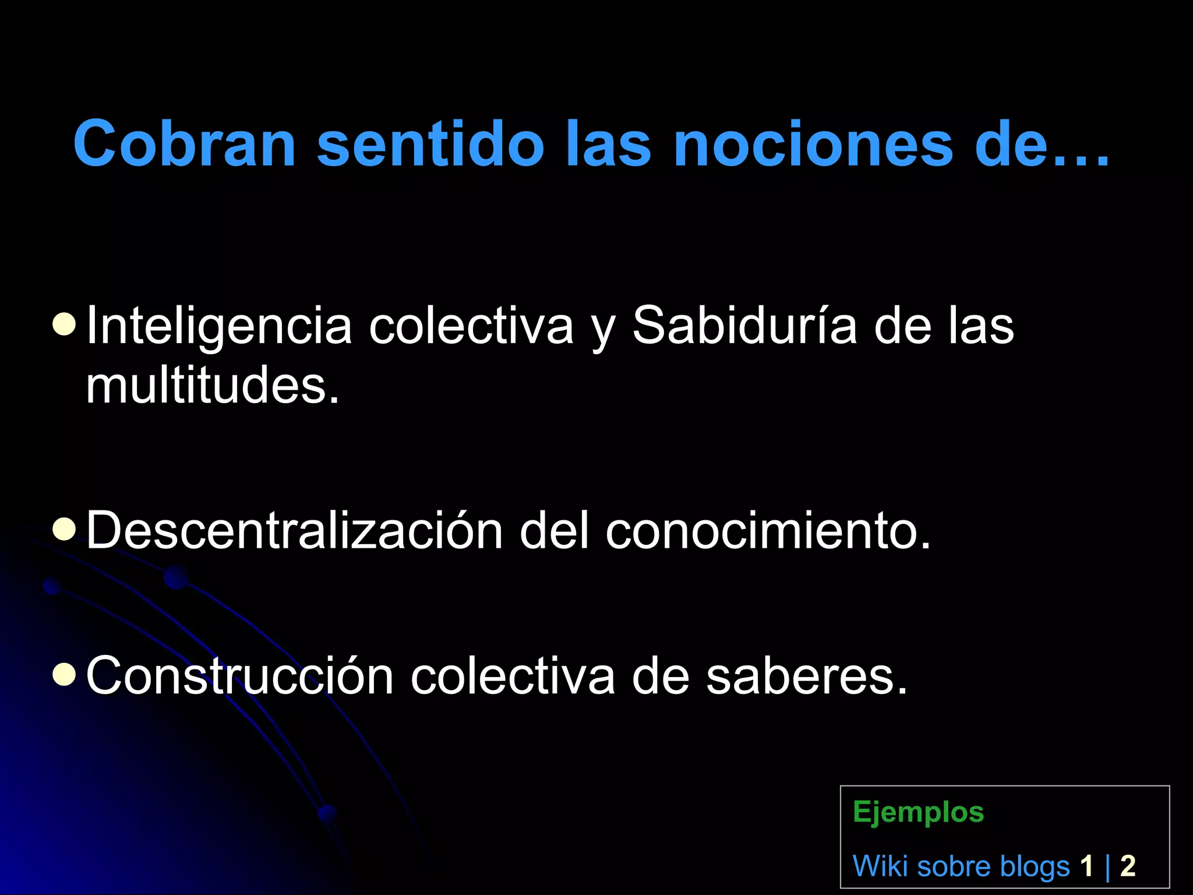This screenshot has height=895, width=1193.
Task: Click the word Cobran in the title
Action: coord(185,144)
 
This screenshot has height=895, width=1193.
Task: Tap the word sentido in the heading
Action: coord(430,144)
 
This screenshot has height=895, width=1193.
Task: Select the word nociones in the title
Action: coord(813,144)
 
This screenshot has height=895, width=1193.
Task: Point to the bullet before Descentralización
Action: coord(63,529)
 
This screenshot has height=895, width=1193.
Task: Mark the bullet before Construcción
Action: coord(63,674)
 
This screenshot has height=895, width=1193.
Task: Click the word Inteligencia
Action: coord(219,327)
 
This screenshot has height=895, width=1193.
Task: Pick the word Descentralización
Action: coord(294,530)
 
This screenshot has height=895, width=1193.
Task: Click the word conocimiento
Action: coord(768,530)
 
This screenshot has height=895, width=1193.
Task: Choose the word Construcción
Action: coord(239,676)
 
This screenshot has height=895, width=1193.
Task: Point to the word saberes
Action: coord(807,676)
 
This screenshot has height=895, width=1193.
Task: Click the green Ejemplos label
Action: coord(918,812)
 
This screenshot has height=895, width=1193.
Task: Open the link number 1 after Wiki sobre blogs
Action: coord(1086,866)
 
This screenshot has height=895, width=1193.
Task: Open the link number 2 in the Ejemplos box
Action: coord(1128,866)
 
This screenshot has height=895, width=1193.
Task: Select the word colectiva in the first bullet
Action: coord(471,326)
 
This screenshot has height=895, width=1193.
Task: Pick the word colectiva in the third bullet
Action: coord(513,676)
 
